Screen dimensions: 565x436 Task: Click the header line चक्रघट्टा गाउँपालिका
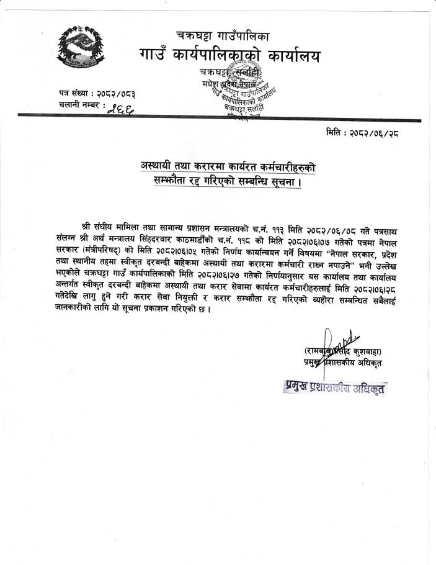click(222, 35)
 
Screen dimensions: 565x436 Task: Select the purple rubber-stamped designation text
click(336, 387)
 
